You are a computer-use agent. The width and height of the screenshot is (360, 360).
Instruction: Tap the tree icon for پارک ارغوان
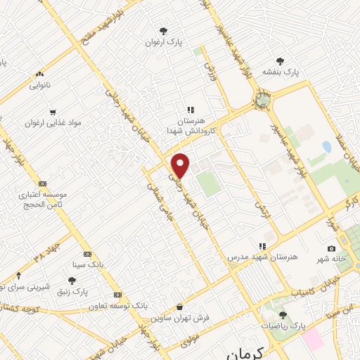point(163,31)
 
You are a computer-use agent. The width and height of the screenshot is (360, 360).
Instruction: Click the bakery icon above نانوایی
point(39,73)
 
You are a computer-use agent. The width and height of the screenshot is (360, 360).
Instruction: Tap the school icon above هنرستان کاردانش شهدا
point(190,110)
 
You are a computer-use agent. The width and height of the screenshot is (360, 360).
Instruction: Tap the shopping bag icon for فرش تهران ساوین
point(181,307)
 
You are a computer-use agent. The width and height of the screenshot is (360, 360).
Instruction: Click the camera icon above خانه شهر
point(330,248)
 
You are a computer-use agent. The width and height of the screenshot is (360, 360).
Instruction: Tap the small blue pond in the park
point(326,148)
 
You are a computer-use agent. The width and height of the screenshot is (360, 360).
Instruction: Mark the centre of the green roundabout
point(262,100)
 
